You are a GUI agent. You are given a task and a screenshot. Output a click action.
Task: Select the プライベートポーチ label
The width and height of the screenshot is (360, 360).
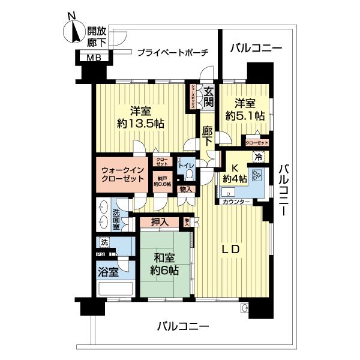(x=172, y=52)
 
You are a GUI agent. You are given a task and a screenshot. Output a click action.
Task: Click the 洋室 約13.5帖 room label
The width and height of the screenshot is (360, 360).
(x=139, y=117)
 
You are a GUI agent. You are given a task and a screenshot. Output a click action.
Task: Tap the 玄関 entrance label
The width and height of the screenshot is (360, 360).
(x=208, y=98)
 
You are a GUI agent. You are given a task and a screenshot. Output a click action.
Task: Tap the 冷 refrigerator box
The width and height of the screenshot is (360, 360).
(x=257, y=158)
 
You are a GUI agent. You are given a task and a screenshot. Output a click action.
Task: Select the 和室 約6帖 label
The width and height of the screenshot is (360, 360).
(x=163, y=265)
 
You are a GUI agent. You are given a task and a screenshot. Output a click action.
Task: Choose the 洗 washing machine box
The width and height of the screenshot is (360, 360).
(x=105, y=243)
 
